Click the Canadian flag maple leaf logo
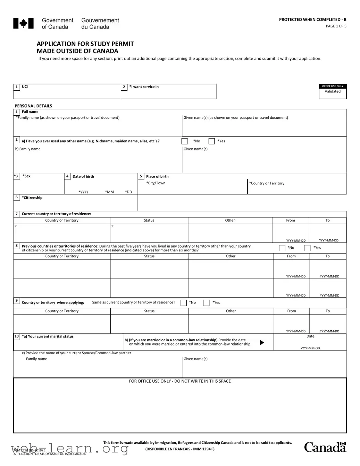23,23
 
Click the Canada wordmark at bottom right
325,447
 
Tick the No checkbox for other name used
185,141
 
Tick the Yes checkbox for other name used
211,141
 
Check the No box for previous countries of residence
282,248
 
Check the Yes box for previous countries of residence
307,248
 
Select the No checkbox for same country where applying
184,303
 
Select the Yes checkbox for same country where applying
206,303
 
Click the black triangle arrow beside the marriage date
262,343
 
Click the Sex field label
26,176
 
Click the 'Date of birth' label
83,176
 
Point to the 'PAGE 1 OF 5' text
336,26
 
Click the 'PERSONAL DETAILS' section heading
33,106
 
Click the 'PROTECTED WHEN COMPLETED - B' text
312,19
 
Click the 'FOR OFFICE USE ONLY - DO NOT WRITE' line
180,381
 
